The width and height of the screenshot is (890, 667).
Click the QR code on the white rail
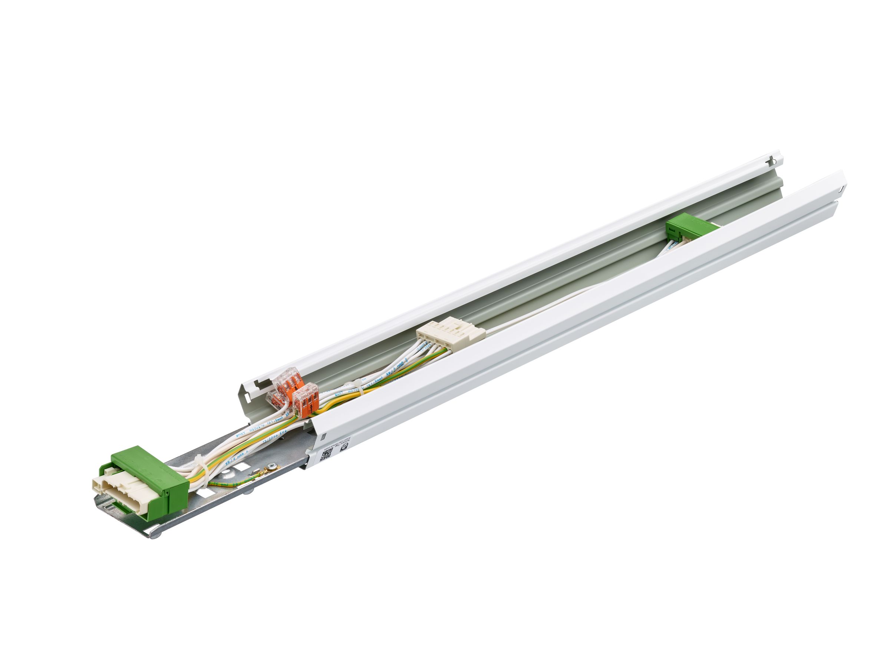click(x=326, y=455)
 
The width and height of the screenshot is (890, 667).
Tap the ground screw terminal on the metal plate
click(x=272, y=466)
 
